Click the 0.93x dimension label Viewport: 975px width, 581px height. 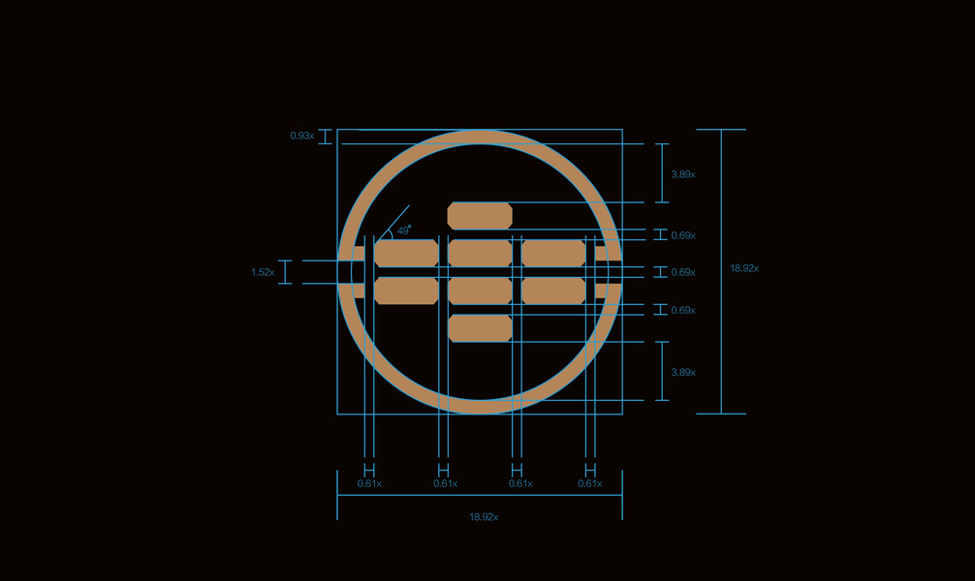click(302, 136)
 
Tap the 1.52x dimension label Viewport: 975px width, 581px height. click(263, 272)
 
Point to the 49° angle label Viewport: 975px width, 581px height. click(404, 229)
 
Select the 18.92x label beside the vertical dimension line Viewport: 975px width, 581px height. click(744, 268)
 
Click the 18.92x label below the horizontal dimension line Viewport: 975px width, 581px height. click(484, 517)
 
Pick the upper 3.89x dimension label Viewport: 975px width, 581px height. click(683, 174)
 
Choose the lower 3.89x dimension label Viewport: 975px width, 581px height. click(683, 372)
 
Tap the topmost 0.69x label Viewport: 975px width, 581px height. click(683, 235)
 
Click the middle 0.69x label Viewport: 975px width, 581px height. click(683, 272)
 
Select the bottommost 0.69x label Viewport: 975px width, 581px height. click(683, 310)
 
